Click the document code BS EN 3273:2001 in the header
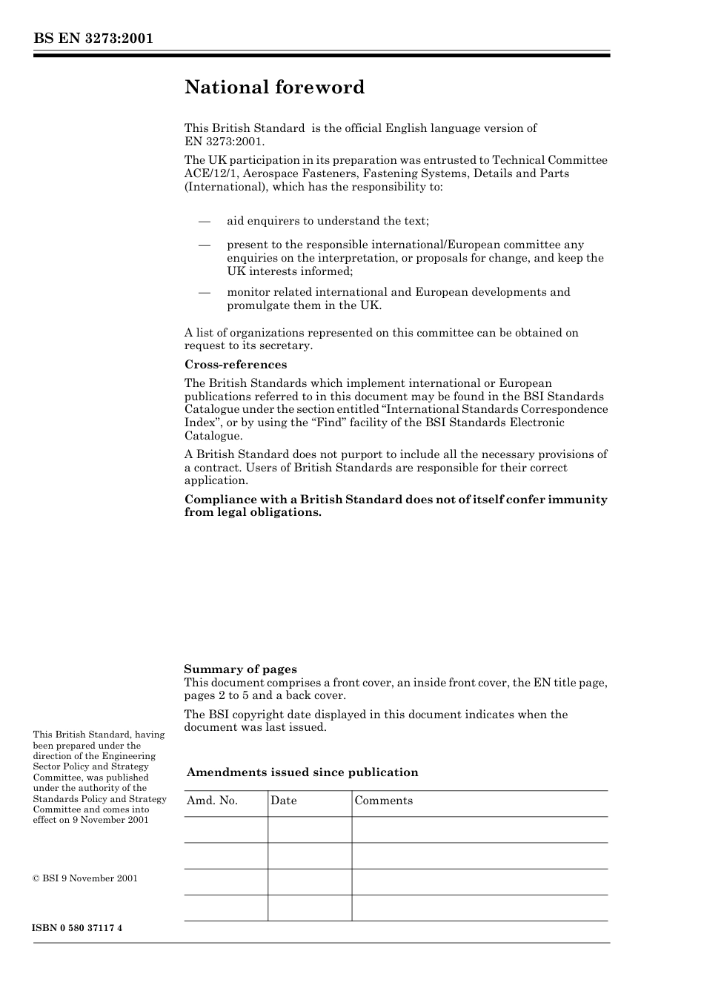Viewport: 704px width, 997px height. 93,39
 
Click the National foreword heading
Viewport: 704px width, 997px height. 274,87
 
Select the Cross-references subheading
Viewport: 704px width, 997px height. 235,365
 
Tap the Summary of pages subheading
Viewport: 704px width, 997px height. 240,669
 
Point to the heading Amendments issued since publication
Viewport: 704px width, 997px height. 302,772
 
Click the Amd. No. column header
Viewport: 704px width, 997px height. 212,801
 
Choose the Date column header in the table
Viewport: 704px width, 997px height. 283,801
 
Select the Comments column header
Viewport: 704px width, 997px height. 383,801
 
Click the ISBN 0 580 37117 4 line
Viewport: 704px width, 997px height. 78,928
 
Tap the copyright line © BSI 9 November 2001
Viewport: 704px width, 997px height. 85,878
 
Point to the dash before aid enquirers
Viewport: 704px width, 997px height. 205,221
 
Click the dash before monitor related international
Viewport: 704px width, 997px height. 205,292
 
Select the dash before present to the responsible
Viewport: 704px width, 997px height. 205,245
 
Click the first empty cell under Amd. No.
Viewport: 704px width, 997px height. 225,829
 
